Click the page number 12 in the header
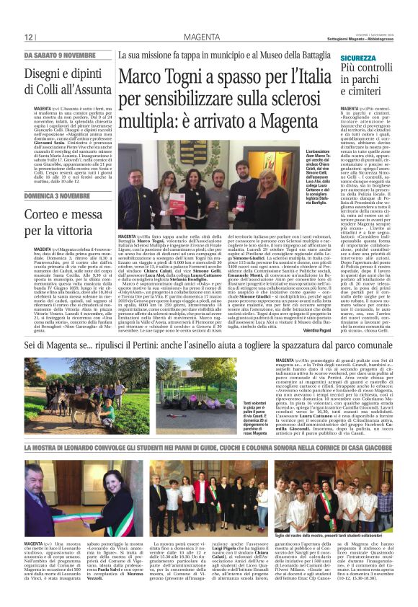coord(29,37)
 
